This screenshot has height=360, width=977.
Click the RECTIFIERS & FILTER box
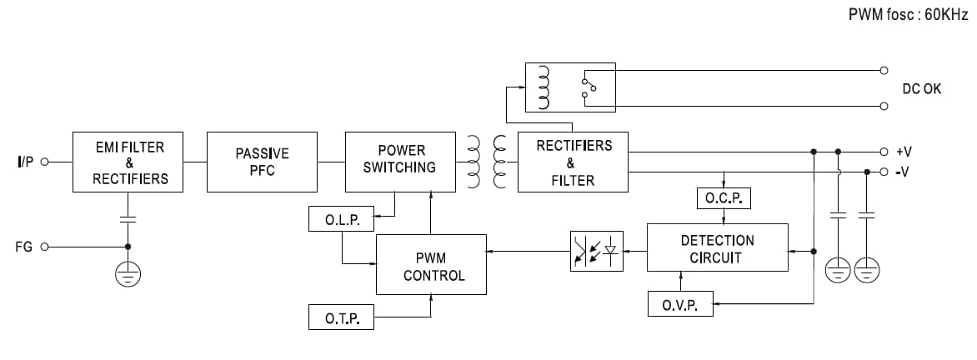[573, 162]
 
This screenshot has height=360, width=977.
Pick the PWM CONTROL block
[431, 264]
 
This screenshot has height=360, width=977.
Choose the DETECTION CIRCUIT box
[717, 247]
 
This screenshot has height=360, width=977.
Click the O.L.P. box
[341, 219]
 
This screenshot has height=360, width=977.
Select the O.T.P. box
[341, 317]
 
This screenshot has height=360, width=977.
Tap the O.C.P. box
[724, 198]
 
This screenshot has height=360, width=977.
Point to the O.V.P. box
[680, 304]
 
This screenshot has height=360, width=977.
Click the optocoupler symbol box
[596, 251]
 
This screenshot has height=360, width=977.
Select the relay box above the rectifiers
[569, 87]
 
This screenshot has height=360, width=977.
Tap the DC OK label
[921, 88]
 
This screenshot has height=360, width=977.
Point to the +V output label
[904, 152]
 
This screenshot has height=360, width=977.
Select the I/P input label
[24, 162]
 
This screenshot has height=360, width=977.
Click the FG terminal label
[24, 247]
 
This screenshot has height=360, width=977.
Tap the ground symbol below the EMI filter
[128, 274]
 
